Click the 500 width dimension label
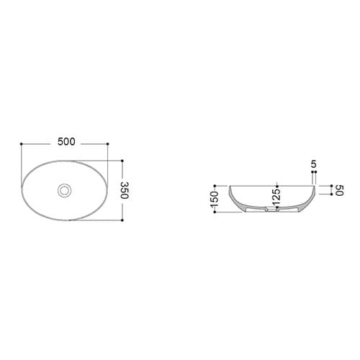coord(66,142)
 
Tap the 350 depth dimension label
coord(125,190)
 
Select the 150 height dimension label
coord(214,199)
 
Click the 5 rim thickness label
coord(314,164)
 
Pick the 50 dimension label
coord(340,190)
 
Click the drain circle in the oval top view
coord(64,191)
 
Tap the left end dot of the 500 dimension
coord(22,144)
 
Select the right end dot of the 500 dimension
coord(107,144)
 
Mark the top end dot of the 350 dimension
coord(122,161)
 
